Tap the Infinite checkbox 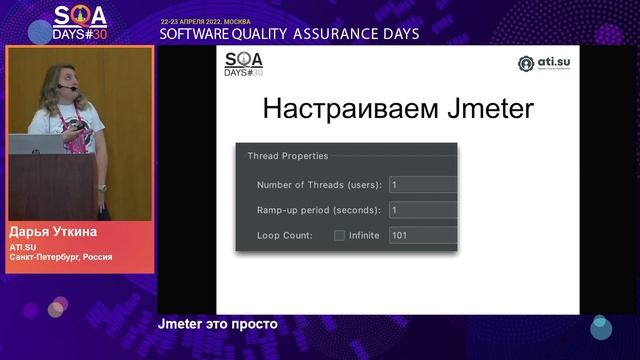[x=340, y=236]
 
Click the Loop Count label [x=285, y=236]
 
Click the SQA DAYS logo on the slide [x=243, y=64]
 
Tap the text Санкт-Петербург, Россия [x=60, y=257]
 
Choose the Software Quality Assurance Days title [x=289, y=33]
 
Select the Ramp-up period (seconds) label [x=318, y=210]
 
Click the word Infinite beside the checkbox [x=364, y=236]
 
